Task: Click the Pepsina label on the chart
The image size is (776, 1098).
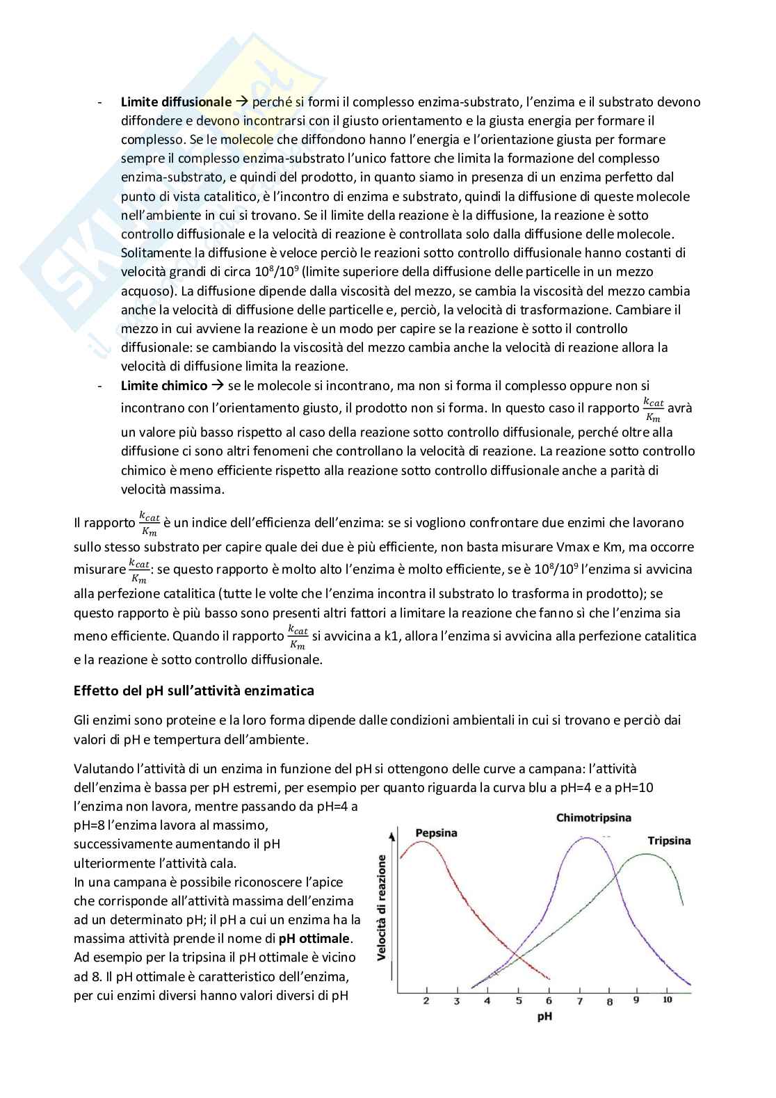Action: coord(436,833)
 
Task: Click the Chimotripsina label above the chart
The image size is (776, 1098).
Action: coord(593,818)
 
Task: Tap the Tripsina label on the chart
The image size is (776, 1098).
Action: coord(669,841)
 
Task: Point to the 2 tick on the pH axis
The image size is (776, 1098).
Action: coord(426,1001)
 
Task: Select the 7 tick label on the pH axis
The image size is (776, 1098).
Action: coord(579,1001)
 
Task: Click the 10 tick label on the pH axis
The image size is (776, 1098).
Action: coord(667,1000)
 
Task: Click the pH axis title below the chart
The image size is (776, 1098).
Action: coord(544,1017)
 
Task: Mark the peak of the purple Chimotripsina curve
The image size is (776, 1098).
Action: coord(588,838)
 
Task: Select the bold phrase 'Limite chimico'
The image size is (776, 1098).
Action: coord(164,386)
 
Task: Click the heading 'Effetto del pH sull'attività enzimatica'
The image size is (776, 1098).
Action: coord(194,691)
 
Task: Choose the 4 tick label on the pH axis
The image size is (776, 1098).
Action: coord(487,1001)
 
